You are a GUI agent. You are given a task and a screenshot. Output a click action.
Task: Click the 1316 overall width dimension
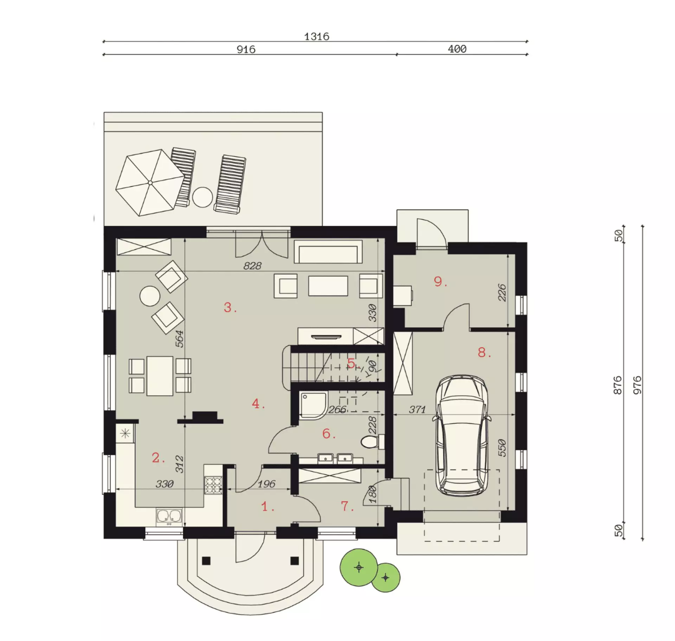tap(316, 37)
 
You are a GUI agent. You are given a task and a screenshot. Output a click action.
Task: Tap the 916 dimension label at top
tap(246, 50)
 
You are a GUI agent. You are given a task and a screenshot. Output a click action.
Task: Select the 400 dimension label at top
tap(457, 49)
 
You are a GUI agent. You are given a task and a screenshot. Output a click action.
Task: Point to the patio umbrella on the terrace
tap(150, 182)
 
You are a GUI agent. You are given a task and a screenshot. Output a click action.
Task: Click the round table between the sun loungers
tap(202, 197)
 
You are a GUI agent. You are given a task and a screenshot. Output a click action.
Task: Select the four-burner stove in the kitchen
tap(213, 485)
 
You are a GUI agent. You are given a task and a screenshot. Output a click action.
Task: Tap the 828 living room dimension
tap(252, 266)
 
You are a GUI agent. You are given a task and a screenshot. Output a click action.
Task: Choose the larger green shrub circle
tap(359, 567)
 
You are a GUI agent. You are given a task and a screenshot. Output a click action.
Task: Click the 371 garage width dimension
tap(417, 410)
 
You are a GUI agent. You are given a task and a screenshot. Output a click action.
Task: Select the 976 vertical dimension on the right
tap(637, 385)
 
